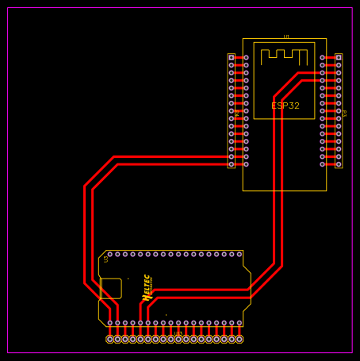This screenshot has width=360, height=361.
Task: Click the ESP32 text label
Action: [x=285, y=106]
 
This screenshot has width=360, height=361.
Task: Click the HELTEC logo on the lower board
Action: [x=147, y=286]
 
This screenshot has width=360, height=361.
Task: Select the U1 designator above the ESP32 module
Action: [x=286, y=36]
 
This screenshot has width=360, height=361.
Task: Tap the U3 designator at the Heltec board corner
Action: [x=105, y=259]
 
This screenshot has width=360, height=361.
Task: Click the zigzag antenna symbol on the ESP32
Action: [x=284, y=56]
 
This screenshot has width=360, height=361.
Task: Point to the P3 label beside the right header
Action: [x=344, y=113]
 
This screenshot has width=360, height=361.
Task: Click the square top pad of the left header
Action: [x=232, y=58]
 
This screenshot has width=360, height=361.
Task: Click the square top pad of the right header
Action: [x=339, y=58]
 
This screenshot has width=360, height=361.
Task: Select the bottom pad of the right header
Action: [x=339, y=164]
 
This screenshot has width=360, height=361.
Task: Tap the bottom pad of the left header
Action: [x=232, y=164]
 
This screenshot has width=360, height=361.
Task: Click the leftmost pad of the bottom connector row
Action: [x=110, y=340]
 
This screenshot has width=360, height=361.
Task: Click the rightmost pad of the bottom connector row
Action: [x=239, y=340]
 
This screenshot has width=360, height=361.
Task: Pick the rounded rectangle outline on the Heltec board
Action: [x=111, y=289]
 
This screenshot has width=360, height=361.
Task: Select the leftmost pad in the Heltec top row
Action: [x=110, y=255]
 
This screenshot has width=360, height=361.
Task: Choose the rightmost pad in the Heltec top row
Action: [x=239, y=255]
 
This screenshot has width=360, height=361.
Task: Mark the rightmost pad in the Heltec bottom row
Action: [x=239, y=323]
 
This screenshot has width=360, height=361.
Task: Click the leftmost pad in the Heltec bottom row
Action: [x=110, y=323]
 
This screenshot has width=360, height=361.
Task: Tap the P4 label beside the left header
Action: [x=236, y=113]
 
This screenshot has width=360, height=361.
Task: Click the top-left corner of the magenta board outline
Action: [x=8, y=8]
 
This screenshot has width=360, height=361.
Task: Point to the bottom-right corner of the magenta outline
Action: [x=351, y=352]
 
